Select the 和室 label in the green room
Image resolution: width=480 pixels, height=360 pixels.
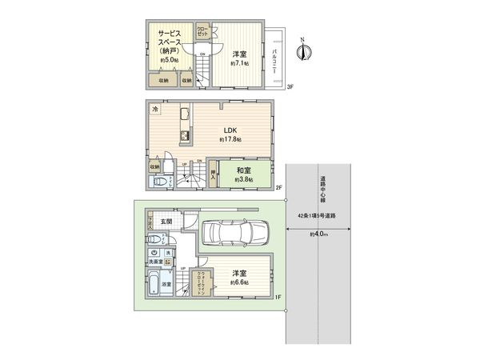[244, 170]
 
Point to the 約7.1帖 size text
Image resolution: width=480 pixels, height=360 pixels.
[239, 62]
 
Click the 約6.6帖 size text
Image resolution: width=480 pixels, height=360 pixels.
[239, 283]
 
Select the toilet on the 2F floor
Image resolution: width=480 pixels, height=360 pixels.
[160, 182]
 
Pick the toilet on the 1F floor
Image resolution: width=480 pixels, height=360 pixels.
[154, 240]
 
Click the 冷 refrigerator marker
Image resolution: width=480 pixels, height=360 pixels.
[155, 107]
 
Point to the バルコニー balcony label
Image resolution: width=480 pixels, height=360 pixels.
[274, 58]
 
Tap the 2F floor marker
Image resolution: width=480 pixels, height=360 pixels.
[281, 189]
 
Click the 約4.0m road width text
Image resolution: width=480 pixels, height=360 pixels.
[321, 234]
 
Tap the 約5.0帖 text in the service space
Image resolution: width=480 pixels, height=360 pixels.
[170, 59]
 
